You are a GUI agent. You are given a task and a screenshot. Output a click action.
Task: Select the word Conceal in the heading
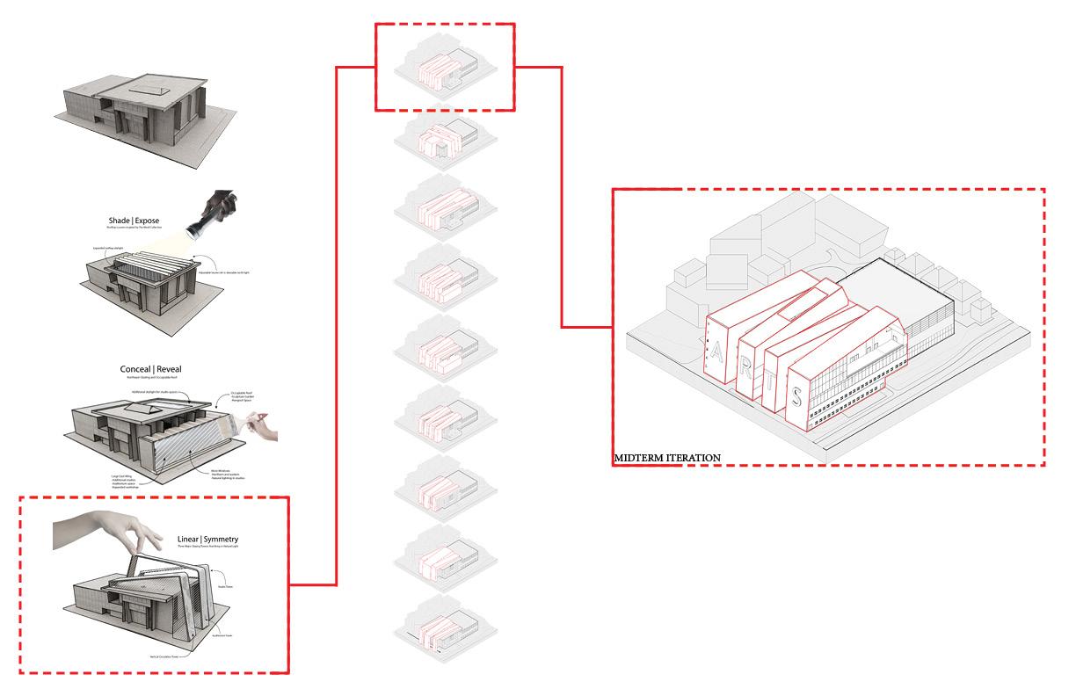[x=141, y=369]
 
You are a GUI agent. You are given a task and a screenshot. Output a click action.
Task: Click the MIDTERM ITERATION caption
[x=668, y=458]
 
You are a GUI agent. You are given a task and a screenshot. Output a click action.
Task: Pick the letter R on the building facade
[x=745, y=367]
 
